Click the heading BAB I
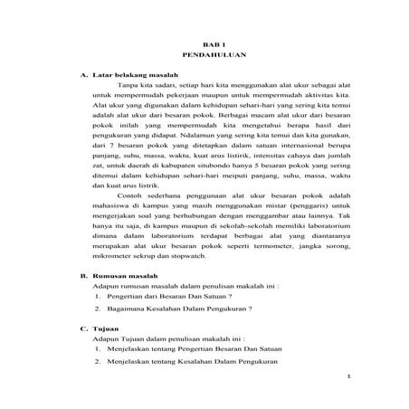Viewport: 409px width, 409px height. [x=211, y=43]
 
